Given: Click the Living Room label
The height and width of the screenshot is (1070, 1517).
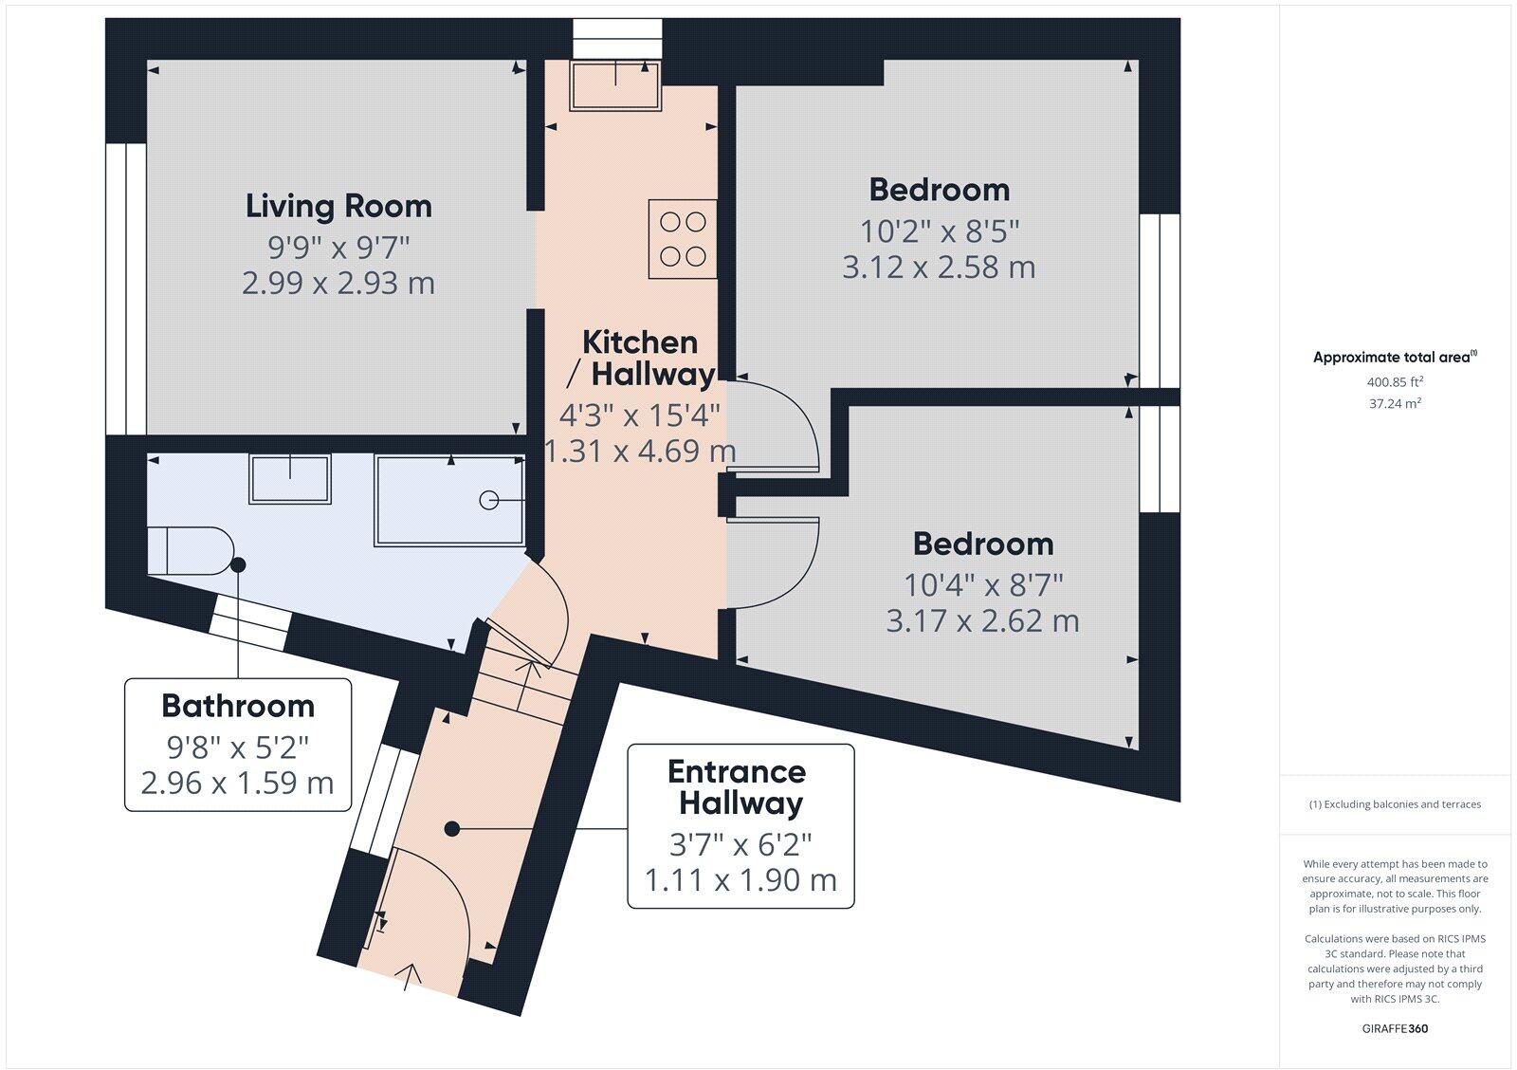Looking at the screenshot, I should [338, 206].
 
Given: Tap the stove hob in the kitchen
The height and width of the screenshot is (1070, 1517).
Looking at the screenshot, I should [683, 239].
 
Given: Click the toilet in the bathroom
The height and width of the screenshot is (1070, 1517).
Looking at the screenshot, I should [190, 550].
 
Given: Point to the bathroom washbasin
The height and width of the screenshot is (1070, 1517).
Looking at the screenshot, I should [290, 479].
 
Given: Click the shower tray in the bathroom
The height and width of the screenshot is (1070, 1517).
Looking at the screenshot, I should [449, 501].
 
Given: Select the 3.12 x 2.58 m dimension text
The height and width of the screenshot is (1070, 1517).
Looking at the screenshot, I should [939, 267].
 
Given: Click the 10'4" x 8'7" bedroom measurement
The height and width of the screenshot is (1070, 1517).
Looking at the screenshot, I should [982, 583].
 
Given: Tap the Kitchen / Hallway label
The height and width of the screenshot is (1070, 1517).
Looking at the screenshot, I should [640, 358].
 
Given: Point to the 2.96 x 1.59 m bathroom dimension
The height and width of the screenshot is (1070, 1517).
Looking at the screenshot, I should [237, 784].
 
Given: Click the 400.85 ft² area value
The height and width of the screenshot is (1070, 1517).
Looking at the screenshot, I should [1395, 382].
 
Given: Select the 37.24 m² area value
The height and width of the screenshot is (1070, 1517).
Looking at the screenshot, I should [1395, 403].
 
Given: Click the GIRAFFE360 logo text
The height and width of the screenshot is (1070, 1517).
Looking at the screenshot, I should [1395, 1028].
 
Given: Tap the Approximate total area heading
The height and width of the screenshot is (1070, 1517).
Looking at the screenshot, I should [1395, 358].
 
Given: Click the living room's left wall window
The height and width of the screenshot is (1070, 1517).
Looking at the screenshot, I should [125, 289].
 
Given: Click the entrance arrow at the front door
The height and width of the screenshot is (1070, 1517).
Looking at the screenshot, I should [411, 975].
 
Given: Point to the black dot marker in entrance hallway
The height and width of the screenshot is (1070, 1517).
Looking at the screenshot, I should [452, 829].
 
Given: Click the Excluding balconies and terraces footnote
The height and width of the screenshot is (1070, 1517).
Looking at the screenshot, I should [1395, 804].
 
